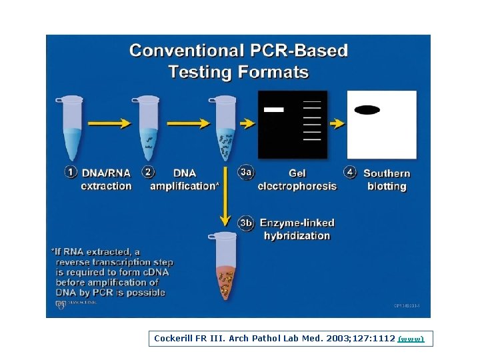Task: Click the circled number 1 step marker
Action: coord(71,172)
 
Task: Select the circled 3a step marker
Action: coord(246,172)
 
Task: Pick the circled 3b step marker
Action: coord(246,223)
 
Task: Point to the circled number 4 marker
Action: coord(351,172)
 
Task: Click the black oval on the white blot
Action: coord(367,110)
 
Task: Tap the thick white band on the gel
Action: coord(273,109)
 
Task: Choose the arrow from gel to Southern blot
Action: coord(337,123)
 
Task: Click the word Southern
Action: coord(387,173)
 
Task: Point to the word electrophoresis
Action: coord(297,186)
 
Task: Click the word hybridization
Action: coord(297,235)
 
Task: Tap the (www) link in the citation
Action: coord(411,339)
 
